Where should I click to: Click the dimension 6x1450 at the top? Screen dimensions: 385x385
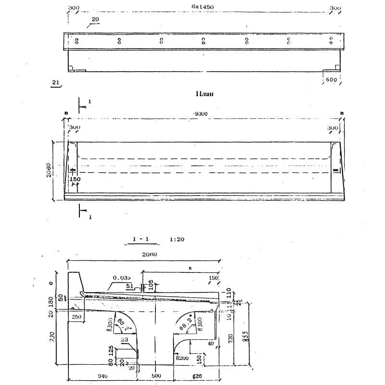pyautogui.click(x=203, y=7)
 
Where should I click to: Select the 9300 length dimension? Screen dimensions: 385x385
pyautogui.click(x=200, y=114)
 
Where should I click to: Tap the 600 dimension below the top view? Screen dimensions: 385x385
pyautogui.click(x=331, y=80)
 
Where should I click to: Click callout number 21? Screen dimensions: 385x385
pyautogui.click(x=55, y=82)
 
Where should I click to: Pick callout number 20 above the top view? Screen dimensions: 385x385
pyautogui.click(x=95, y=19)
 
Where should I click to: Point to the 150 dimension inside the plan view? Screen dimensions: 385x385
pyautogui.click(x=75, y=179)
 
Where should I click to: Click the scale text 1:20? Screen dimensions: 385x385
pyautogui.click(x=177, y=239)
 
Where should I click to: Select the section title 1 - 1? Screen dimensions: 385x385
pyautogui.click(x=141, y=239)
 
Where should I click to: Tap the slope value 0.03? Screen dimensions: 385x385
pyautogui.click(x=121, y=278)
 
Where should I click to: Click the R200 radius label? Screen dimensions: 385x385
pyautogui.click(x=182, y=358)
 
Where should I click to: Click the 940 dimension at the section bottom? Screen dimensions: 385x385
pyautogui.click(x=102, y=375)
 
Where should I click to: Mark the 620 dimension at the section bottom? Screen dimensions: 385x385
pyautogui.click(x=197, y=375)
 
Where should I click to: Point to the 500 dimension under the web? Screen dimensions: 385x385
pyautogui.click(x=156, y=375)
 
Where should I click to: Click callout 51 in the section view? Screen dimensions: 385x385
pyautogui.click(x=129, y=286)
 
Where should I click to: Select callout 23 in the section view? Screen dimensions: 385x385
pyautogui.click(x=124, y=340)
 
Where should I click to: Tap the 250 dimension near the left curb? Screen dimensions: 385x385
pyautogui.click(x=76, y=317)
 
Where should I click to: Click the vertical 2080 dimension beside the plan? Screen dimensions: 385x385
pyautogui.click(x=49, y=169)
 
